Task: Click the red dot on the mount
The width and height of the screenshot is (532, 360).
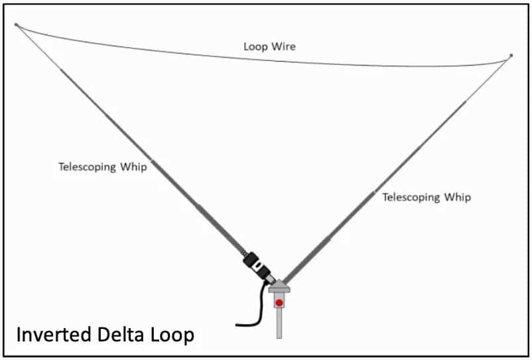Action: click(x=279, y=303)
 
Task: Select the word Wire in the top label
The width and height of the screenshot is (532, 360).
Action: click(x=285, y=47)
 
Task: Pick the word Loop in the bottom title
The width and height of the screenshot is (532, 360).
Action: click(x=174, y=335)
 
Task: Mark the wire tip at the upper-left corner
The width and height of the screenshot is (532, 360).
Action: click(x=17, y=25)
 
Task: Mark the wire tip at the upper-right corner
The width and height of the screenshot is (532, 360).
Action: click(x=511, y=56)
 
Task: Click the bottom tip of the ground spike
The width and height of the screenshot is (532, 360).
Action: click(x=280, y=335)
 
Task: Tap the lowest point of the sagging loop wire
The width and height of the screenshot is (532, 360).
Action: click(x=425, y=66)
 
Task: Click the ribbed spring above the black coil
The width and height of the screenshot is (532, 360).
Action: click(x=245, y=253)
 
